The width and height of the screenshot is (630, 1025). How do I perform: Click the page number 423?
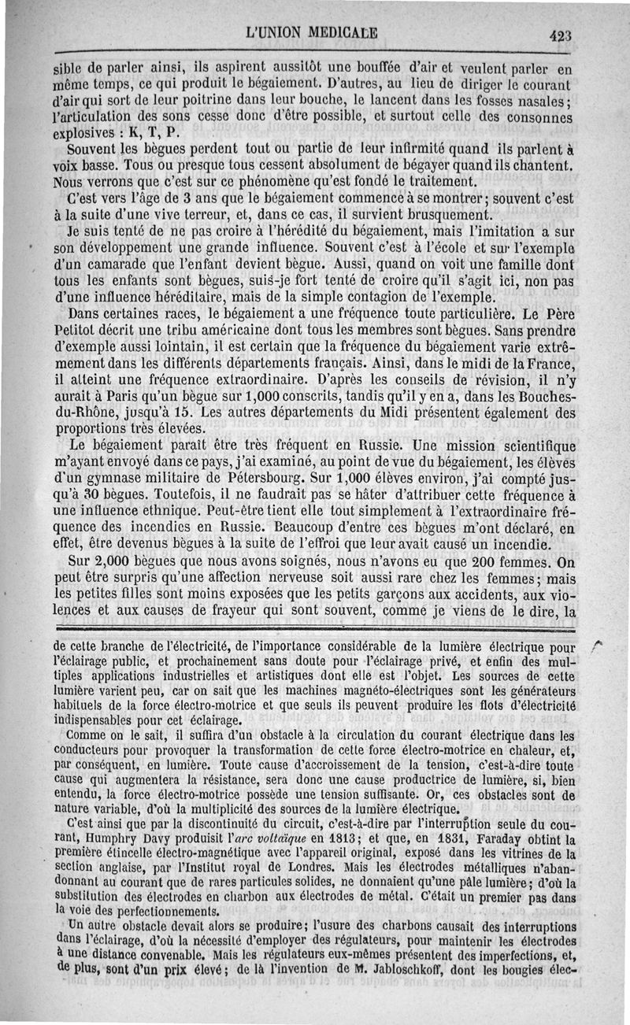[561, 35]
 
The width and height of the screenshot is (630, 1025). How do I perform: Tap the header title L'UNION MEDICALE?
[312, 33]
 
